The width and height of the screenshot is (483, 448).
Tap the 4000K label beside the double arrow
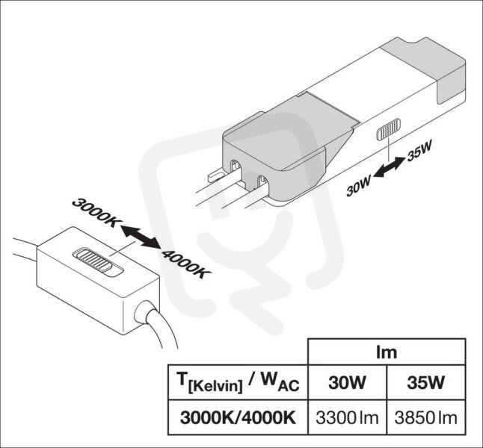(186, 264)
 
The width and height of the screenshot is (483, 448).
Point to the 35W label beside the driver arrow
(419, 151)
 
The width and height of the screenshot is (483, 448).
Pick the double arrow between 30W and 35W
(389, 167)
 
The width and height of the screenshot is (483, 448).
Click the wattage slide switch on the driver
(389, 129)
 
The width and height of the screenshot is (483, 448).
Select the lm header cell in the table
(387, 352)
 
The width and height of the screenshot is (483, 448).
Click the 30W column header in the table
(347, 382)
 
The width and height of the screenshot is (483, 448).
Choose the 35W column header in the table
(426, 382)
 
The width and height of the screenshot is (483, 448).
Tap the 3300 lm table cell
(347, 417)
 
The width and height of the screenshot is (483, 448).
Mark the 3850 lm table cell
(426, 417)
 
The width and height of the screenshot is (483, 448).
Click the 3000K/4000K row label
(238, 417)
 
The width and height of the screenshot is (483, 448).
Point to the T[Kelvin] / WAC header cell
(238, 382)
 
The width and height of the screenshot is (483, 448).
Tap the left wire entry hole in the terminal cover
(236, 169)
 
